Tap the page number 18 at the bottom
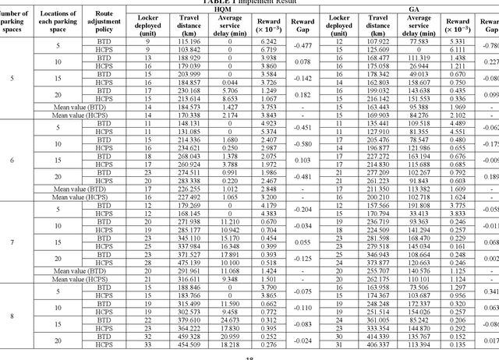[250, 357]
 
